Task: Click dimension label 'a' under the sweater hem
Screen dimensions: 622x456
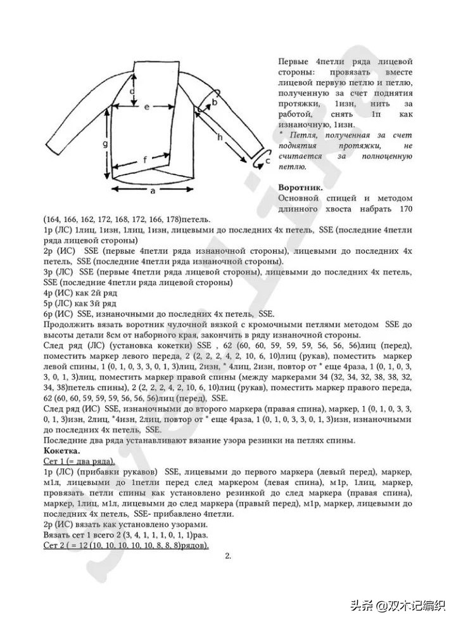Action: pyautogui.click(x=153, y=190)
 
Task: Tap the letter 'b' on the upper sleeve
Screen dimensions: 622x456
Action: pyautogui.click(x=215, y=101)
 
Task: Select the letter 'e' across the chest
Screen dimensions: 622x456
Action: pyautogui.click(x=146, y=107)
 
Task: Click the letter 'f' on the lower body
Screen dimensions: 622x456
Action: pyautogui.click(x=144, y=160)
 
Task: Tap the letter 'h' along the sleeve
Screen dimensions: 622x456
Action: pyautogui.click(x=220, y=136)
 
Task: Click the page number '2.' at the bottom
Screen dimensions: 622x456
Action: pyautogui.click(x=228, y=556)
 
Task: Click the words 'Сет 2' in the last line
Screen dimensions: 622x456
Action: pyautogui.click(x=55, y=545)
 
